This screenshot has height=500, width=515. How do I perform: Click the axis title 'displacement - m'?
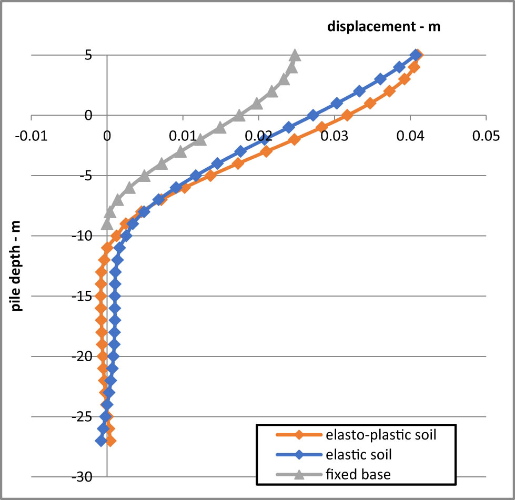point(383,27)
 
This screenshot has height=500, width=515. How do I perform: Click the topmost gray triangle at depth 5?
point(295,55)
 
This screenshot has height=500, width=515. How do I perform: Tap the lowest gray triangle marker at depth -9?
point(107,224)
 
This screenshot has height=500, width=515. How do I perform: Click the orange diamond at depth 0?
point(347,115)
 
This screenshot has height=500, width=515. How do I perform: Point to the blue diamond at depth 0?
point(313,115)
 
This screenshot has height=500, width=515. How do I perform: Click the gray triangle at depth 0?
point(239,115)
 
